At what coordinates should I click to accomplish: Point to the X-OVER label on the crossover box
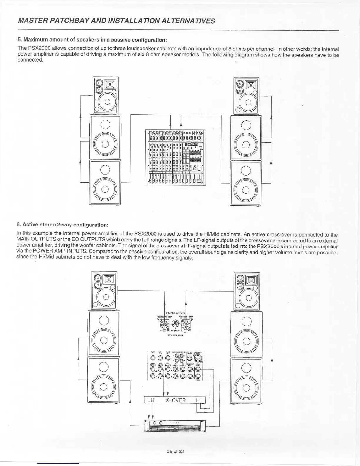(x=175, y=400)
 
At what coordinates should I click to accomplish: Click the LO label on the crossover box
(x=151, y=400)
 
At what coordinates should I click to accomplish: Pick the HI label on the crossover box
(x=199, y=400)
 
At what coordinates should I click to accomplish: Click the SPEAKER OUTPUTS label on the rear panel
(x=175, y=313)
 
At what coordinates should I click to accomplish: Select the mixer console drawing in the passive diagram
(x=175, y=157)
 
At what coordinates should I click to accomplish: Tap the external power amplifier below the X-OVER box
(x=175, y=426)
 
